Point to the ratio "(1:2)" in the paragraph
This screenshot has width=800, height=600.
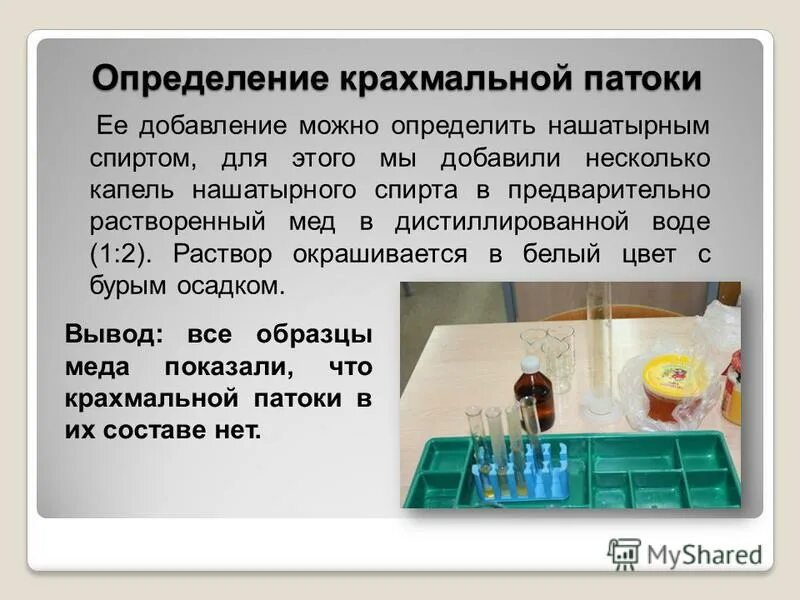pyautogui.click(x=122, y=253)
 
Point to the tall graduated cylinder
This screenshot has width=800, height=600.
pyautogui.click(x=599, y=345)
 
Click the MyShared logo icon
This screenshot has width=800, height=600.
pyautogui.click(x=624, y=553)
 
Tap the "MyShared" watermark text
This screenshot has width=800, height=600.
pyautogui.click(x=703, y=555)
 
